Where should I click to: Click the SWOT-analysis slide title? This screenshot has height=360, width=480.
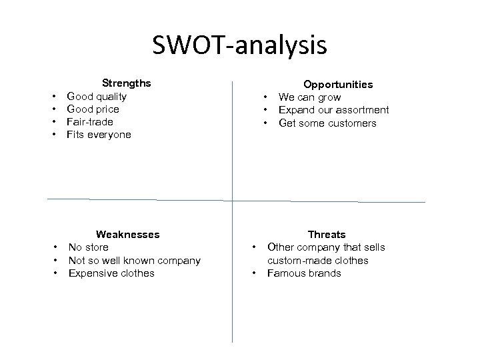pos(239,45)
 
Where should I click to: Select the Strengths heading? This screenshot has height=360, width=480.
pos(125,83)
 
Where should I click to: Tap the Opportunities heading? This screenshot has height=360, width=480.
pos(338,85)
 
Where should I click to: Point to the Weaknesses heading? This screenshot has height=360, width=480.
pos(127,234)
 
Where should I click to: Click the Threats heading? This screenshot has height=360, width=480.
pos(327,235)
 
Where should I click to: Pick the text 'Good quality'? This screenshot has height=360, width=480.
pos(97,96)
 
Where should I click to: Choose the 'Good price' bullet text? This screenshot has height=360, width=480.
pos(93,109)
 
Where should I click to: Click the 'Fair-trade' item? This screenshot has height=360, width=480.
pos(90,122)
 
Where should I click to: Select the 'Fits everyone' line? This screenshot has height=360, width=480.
pos(99,135)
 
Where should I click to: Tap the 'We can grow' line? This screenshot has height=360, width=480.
pos(309,97)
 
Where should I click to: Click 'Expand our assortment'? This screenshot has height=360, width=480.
pos(333,110)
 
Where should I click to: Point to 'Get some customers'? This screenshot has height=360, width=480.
pos(327,123)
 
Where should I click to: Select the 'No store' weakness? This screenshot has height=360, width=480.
pos(89,247)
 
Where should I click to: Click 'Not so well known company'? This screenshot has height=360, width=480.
pos(134,260)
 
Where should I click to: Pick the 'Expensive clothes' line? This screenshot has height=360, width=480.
pos(111,273)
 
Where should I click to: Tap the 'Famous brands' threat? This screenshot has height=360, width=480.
pos(303,273)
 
